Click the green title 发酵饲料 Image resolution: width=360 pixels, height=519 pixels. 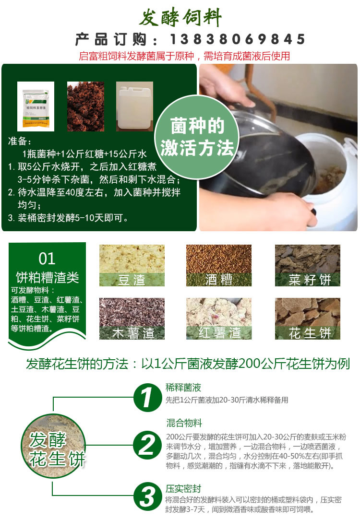click(x=180, y=19)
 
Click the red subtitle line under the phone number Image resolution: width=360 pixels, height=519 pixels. click(x=184, y=56)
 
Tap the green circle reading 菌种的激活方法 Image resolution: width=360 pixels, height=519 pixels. click(x=198, y=138)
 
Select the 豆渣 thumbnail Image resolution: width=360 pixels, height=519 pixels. click(x=132, y=265)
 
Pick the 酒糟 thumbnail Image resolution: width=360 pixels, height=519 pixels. click(x=219, y=265)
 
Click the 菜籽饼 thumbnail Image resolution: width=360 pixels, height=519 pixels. click(x=307, y=265)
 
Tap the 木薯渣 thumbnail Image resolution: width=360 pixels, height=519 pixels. click(x=132, y=318)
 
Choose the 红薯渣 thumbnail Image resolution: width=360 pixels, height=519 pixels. click(x=219, y=318)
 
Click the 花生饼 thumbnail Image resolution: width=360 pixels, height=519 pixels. click(x=307, y=318)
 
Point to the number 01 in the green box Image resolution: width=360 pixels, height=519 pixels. click(x=47, y=259)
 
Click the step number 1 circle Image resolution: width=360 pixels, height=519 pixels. click(x=147, y=397)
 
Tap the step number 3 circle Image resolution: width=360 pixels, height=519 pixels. click(x=147, y=495)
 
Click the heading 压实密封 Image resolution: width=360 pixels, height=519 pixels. click(x=183, y=489)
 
